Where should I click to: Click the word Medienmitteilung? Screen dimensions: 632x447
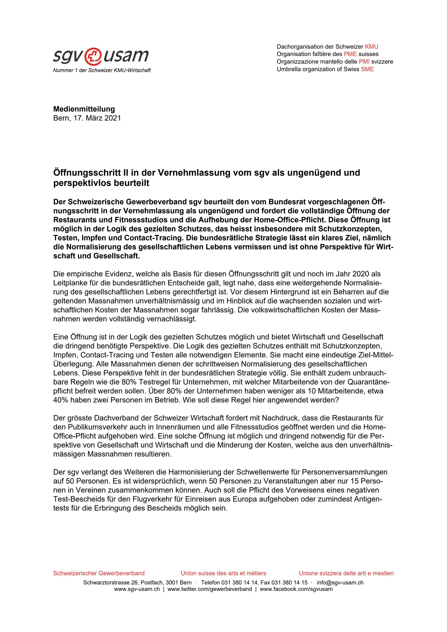pyautogui.click(x=84, y=109)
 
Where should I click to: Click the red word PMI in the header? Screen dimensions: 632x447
pyautogui.click(x=364, y=62)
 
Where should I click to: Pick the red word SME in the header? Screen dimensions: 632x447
pyautogui.click(x=367, y=69)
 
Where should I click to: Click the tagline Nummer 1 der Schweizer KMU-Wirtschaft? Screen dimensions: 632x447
pyautogui.click(x=102, y=70)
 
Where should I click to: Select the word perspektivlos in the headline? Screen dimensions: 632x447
pyautogui.click(x=82, y=183)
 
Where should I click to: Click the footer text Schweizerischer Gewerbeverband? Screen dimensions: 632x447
pyautogui.click(x=99, y=573)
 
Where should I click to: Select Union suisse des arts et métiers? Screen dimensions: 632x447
pyautogui.click(x=223, y=573)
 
